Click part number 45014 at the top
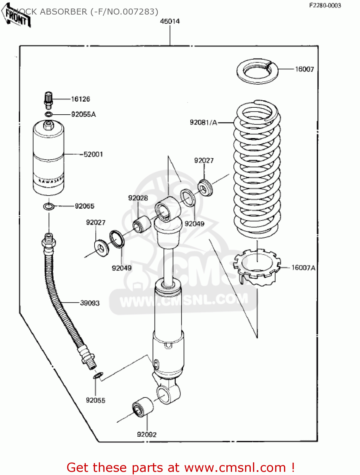(x=170, y=21)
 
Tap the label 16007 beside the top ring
(x=304, y=69)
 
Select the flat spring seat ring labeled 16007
(x=257, y=71)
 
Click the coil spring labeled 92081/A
(x=257, y=171)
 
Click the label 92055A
(x=83, y=114)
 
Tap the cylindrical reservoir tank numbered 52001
(x=48, y=158)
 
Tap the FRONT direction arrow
(x=16, y=16)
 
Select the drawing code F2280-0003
(x=325, y=5)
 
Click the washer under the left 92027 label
(x=102, y=248)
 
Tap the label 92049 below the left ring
(x=122, y=268)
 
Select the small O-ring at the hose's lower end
(x=98, y=376)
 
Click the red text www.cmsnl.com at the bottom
(x=235, y=467)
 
